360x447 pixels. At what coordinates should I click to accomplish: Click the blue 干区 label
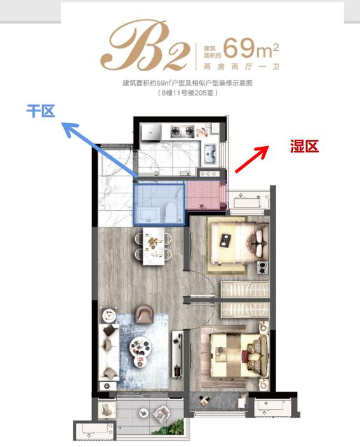click(41, 110)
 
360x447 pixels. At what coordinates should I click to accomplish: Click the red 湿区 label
click(304, 146)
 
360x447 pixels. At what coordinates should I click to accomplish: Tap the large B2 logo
click(145, 46)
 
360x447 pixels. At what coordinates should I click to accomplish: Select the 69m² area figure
click(251, 48)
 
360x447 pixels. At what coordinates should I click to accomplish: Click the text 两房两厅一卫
click(241, 67)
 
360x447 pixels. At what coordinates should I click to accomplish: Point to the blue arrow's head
click(69, 128)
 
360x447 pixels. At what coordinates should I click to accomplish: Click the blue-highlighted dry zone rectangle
click(159, 204)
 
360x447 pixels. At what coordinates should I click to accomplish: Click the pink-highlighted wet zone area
click(206, 196)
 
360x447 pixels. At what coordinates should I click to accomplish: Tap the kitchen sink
click(210, 154)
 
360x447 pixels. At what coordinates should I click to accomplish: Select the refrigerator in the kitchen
click(151, 132)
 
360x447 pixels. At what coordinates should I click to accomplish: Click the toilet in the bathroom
click(170, 212)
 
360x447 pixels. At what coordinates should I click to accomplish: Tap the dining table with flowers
click(154, 246)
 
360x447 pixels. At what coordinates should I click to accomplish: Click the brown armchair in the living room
click(144, 314)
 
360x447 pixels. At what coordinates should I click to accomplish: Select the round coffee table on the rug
click(141, 347)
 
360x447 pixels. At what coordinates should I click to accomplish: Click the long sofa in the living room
click(109, 352)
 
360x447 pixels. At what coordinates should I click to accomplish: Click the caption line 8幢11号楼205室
click(188, 93)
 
